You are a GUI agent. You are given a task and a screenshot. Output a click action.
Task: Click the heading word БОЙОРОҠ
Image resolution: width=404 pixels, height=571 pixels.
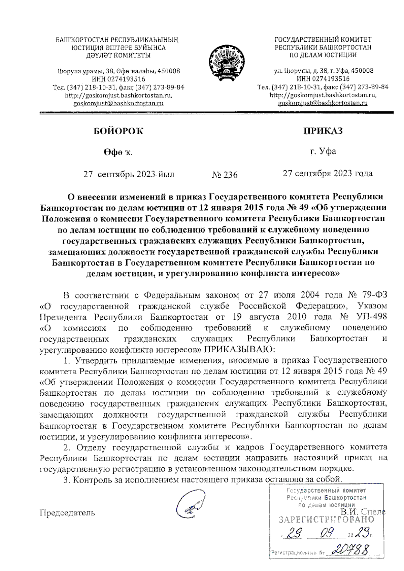118,131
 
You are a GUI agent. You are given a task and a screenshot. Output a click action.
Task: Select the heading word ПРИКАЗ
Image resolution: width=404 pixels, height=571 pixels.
323,131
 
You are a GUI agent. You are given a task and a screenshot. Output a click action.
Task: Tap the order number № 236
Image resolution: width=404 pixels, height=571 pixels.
225,175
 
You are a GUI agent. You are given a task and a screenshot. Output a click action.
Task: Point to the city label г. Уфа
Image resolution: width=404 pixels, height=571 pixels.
323,151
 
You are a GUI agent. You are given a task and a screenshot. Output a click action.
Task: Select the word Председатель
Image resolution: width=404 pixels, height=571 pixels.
67,512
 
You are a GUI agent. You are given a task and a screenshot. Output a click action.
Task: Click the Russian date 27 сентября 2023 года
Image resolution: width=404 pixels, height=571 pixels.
328,173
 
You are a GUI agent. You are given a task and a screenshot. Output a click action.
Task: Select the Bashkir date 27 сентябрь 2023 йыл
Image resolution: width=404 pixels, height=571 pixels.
129,174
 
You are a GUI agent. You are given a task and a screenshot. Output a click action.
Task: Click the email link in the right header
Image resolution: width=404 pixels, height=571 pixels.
323,103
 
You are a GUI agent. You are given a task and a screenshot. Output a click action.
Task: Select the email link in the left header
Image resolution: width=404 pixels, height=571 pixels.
119,103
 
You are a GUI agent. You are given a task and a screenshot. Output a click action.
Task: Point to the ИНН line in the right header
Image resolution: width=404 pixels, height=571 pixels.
323,79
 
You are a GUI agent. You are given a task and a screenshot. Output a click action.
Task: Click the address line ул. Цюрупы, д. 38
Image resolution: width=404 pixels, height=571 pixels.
323,71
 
